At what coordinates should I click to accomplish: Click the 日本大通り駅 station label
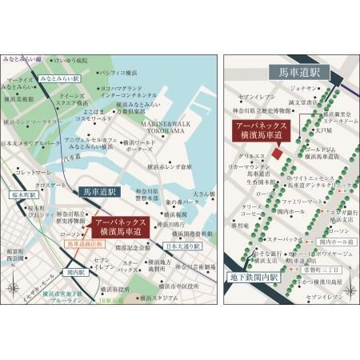tap(185, 247)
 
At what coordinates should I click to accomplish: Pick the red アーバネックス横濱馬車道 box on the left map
tap(118, 228)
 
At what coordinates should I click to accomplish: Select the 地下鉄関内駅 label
tap(250, 278)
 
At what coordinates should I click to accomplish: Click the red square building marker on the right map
tap(277, 154)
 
